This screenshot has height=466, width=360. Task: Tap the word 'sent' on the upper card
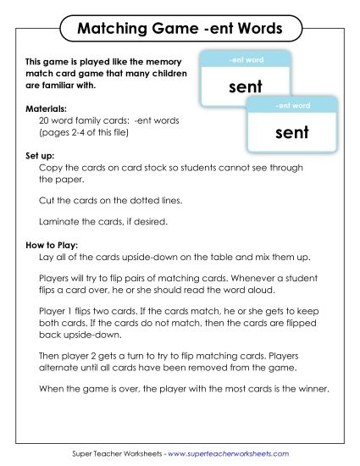click(246, 86)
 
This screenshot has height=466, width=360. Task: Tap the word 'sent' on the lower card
click(292, 132)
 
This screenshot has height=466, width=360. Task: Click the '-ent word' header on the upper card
click(246, 60)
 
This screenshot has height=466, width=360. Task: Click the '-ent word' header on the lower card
click(292, 106)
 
